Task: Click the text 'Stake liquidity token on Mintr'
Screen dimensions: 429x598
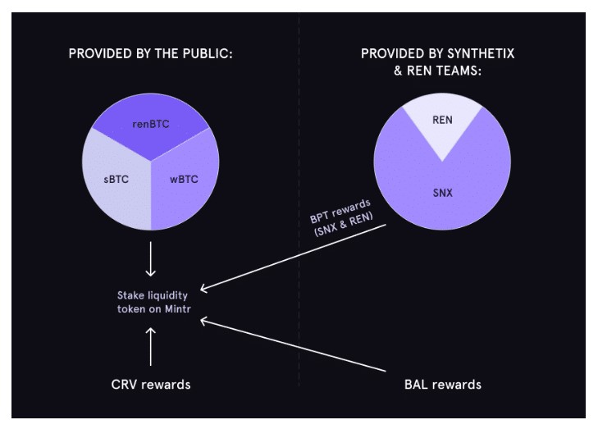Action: [x=150, y=300]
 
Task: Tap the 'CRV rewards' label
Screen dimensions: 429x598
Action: [x=150, y=384]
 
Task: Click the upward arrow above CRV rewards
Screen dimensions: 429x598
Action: [x=150, y=345]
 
